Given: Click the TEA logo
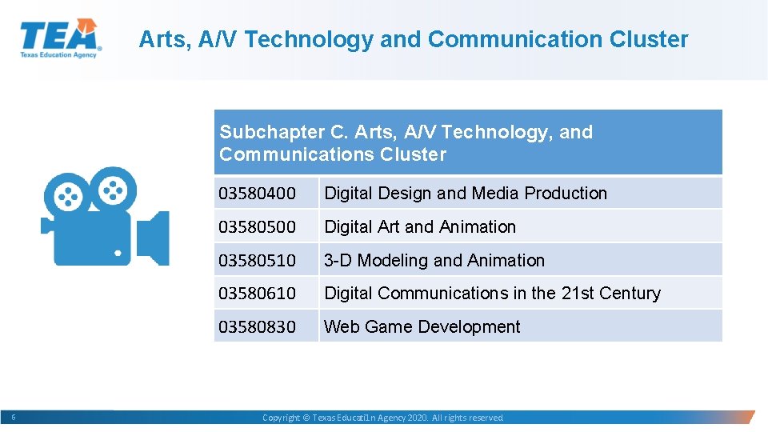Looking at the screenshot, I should pos(60,38).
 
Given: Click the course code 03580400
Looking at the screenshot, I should pos(257,194).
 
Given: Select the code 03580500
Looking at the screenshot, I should pos(257,227).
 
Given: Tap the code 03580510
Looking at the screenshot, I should pos(257,261).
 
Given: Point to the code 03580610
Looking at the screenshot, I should pos(257,294).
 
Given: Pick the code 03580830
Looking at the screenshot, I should pos(257,327).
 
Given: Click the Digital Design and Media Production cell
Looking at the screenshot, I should pos(465,194).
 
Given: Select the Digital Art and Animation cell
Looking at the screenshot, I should pos(420,227).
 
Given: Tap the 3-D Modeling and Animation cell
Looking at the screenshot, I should pos(434,261).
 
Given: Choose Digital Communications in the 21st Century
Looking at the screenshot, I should pos(492,294).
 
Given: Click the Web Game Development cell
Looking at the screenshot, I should pos(422,327).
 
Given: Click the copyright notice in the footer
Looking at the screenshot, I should pos(383,418).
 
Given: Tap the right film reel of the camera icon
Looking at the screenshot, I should pos(114,189).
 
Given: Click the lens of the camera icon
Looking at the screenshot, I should pos(153,238).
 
